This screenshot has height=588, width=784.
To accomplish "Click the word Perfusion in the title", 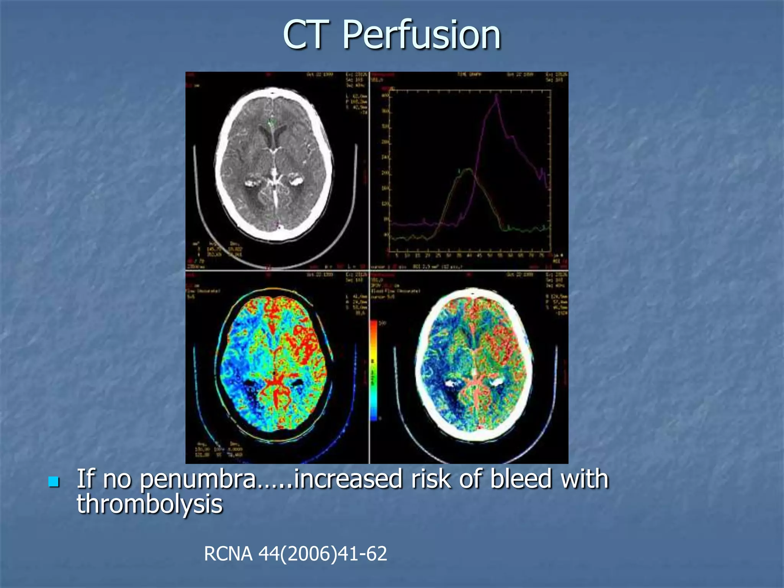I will pyautogui.click(x=421, y=35).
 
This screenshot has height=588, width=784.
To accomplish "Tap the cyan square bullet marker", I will pyautogui.click(x=54, y=482).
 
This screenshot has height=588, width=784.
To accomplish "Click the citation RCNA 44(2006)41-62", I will pyautogui.click(x=295, y=554).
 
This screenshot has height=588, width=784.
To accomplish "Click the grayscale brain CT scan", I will pyautogui.click(x=273, y=165).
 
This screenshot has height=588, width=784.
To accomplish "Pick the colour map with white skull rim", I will pyautogui.click(x=474, y=364).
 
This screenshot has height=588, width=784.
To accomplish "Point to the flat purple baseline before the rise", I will pyautogui.click(x=410, y=224).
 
